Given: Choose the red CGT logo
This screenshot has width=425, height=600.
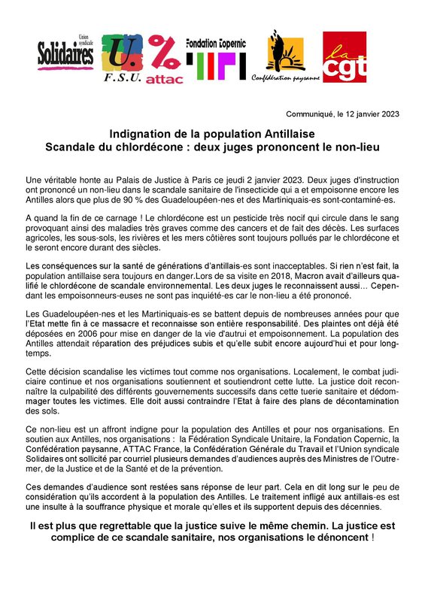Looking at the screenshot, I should pos(344,56).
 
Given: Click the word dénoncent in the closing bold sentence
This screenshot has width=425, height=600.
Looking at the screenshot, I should pos(337,538).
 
